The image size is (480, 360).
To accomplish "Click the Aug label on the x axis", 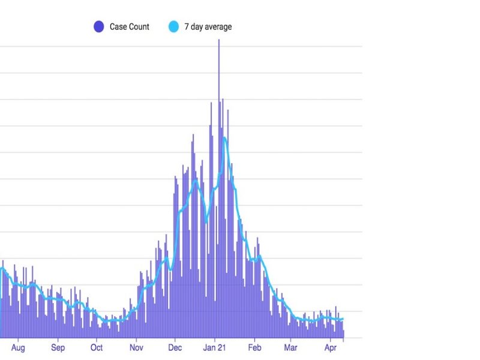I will tap(18, 347).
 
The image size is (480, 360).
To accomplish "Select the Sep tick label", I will tap(58, 347).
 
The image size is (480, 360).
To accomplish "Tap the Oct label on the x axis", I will tap(97, 347).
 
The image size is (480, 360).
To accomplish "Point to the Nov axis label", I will tap(136, 347).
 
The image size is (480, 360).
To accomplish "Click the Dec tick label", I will tap(175, 347).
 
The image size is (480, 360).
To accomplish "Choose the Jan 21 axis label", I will tap(214, 347).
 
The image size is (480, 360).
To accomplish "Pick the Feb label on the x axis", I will tap(255, 347).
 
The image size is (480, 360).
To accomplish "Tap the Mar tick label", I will tap(291, 347).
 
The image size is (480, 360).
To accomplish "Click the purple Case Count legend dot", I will tap(99, 26).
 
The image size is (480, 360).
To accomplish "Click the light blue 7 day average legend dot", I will tap(174, 26).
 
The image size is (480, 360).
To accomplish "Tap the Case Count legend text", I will tap(130, 26).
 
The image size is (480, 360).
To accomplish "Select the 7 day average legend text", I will tap(208, 26).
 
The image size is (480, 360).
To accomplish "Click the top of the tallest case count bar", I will tap(219, 40).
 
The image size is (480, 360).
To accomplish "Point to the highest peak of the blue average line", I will tap(225, 138).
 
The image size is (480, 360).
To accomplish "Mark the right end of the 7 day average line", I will tap(343, 319).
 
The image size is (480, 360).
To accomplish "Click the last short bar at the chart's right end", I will tap(343, 334).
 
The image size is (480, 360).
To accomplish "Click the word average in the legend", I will tap(218, 26).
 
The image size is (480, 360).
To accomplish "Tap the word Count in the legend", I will tap(140, 26).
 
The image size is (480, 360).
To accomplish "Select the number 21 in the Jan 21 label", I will tap(221, 347).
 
